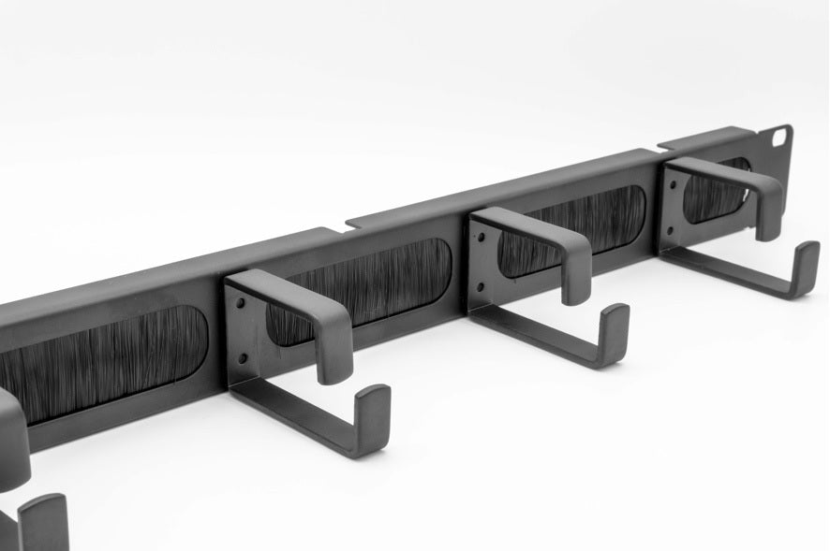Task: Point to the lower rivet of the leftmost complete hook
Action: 242,357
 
